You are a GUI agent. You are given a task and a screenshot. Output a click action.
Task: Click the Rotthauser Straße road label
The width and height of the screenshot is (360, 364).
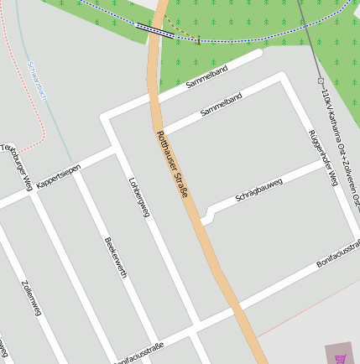(172, 165)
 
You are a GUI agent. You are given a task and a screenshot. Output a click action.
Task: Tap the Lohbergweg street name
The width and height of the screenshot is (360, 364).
(138, 196)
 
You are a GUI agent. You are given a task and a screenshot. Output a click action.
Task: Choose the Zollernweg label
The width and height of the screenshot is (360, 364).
(33, 298)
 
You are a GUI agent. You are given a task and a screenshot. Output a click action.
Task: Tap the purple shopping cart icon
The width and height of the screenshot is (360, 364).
(340, 356)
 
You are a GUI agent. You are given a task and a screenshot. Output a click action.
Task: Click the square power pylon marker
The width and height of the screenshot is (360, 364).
(321, 81)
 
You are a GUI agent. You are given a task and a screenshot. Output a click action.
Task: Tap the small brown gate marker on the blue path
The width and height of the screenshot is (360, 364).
(198, 41)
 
